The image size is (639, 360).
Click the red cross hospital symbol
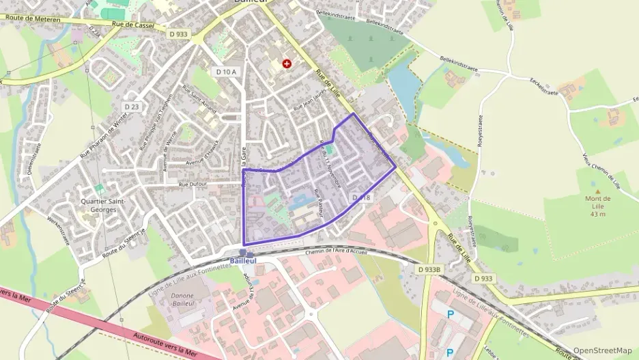click(287, 64)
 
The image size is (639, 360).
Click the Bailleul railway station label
click(244, 261)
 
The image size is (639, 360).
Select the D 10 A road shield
click(226, 72)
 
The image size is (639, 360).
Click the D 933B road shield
click(430, 269)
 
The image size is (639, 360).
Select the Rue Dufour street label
click(193, 184)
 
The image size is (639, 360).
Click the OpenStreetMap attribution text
click(602, 350)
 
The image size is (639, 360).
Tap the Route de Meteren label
click(31, 19)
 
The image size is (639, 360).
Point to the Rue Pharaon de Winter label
click(104, 135)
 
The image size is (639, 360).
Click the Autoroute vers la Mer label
click(165, 346)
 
